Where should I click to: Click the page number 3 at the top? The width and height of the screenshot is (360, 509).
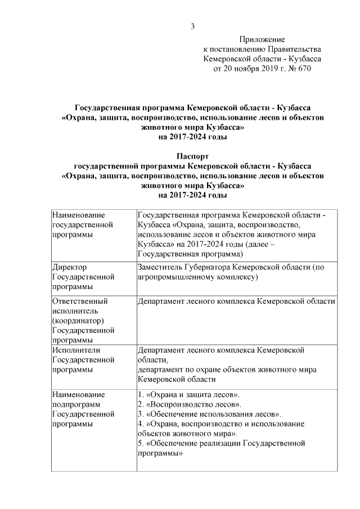[x=193, y=26]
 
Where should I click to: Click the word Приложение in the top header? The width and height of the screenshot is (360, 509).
[x=262, y=39]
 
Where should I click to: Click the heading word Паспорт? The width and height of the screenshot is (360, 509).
[x=192, y=156]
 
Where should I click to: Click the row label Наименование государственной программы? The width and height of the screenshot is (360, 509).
[x=78, y=224]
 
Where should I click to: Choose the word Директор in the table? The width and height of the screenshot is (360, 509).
[x=69, y=268]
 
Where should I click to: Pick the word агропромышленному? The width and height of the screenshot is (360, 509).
[x=173, y=277]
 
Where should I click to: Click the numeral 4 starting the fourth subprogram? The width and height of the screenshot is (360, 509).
[x=140, y=424]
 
